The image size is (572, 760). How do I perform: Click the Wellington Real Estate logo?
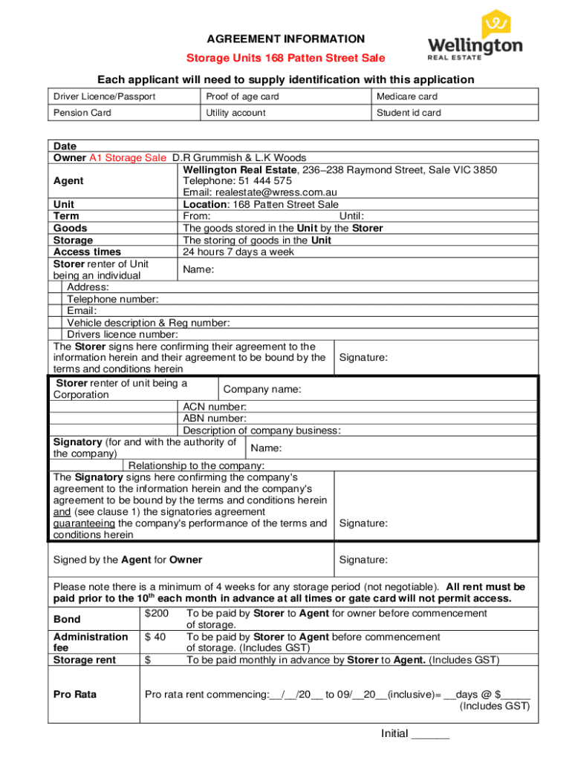pos(475,37)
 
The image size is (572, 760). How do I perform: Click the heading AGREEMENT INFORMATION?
pos(285,39)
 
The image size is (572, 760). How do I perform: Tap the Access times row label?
pos(87,252)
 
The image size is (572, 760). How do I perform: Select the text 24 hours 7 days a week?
pos(238,252)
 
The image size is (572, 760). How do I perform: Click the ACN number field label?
pos(215,407)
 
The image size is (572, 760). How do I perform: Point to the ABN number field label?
pos(215,419)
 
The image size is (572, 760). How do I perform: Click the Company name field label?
pos(262,390)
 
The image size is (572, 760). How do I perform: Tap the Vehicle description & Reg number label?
pos(148,323)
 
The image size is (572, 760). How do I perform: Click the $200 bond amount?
pos(157,613)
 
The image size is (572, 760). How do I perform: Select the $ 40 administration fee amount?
pos(155,637)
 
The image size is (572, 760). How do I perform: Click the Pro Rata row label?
pos(75,695)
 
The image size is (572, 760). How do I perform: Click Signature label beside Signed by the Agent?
pos(363,560)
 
